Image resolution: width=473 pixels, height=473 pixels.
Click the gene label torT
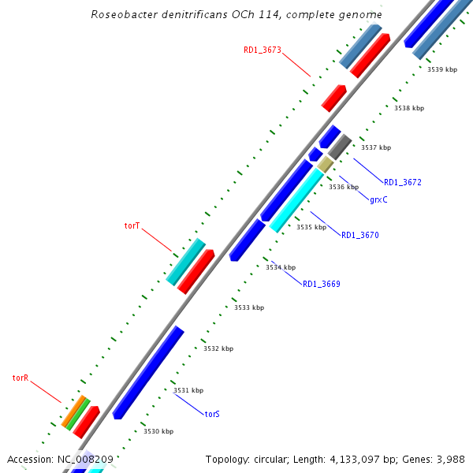click(132, 225)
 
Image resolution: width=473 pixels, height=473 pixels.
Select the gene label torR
click(20, 378)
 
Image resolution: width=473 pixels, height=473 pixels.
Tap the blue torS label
click(212, 413)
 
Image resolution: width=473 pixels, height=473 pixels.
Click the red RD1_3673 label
click(263, 50)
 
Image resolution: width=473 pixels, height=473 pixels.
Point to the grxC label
click(378, 199)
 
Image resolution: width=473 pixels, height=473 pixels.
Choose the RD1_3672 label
click(403, 182)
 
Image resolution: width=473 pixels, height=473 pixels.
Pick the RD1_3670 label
click(360, 235)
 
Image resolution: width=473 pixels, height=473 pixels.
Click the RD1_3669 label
click(322, 284)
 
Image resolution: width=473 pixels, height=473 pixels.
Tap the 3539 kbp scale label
click(441, 69)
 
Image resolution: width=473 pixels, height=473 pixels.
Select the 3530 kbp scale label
click(158, 431)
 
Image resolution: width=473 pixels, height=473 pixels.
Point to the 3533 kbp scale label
click(249, 307)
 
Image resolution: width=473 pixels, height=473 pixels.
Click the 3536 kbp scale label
click(343, 187)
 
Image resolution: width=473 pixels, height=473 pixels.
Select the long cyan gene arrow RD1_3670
click(297, 199)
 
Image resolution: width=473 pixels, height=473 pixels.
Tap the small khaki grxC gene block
click(326, 164)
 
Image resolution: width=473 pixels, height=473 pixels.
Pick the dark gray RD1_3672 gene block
click(340, 147)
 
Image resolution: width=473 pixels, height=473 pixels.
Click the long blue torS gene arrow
click(148, 372)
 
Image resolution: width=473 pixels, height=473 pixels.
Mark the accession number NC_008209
click(86, 459)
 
